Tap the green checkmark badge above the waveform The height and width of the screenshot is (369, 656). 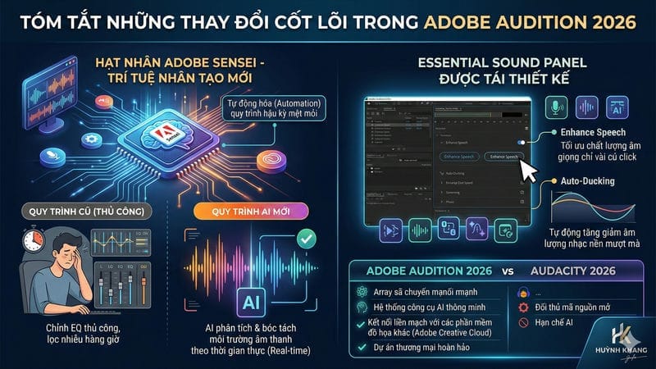click(x=304, y=239)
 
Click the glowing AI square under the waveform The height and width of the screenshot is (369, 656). click(x=249, y=301)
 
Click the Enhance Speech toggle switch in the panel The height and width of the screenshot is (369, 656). click(x=522, y=143)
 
